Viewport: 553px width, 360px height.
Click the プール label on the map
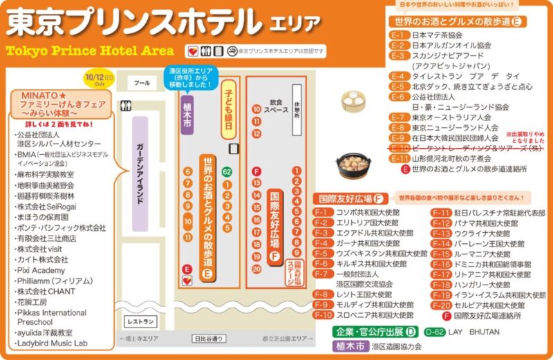click(x=142, y=83)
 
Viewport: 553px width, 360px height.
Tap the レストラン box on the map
click(x=140, y=322)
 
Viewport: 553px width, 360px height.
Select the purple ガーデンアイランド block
click(x=140, y=173)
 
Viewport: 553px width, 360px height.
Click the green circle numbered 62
click(x=227, y=171)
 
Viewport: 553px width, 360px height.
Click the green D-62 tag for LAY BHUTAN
click(x=435, y=331)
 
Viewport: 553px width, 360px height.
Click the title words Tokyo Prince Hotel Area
click(x=90, y=51)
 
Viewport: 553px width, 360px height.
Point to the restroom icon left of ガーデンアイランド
click(x=124, y=106)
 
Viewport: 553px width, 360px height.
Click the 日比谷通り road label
click(x=208, y=339)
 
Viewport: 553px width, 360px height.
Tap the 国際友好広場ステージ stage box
click(x=297, y=272)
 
